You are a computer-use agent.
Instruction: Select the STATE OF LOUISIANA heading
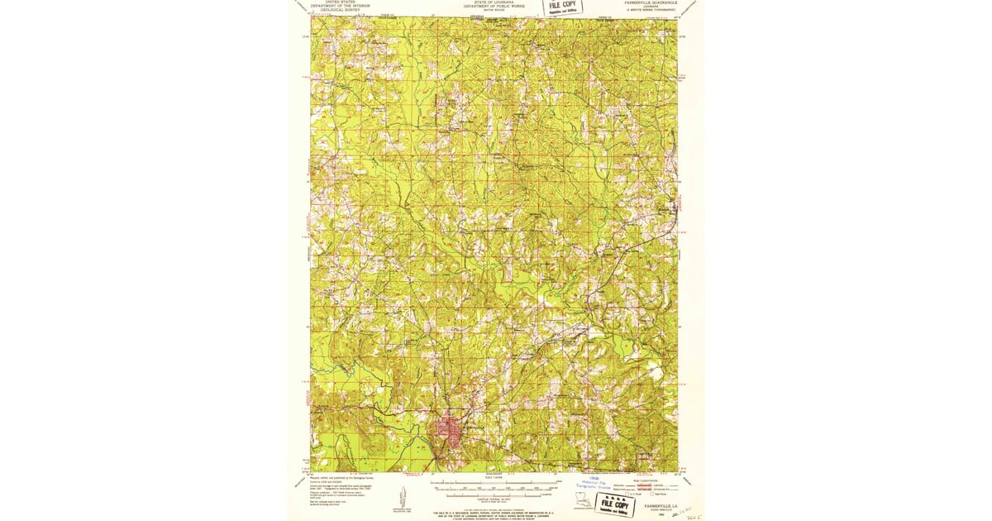pyautogui.click(x=494, y=2)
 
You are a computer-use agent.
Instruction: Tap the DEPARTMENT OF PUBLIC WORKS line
pyautogui.click(x=494, y=7)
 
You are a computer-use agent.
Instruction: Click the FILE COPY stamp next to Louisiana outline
pyautogui.click(x=619, y=504)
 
